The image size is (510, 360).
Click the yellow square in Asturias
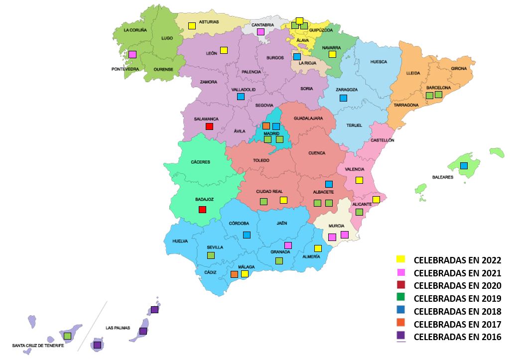coord(192,25)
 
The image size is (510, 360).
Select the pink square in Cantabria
coord(260,32)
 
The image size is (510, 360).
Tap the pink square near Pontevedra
coord(132,54)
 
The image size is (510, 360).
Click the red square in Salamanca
coord(209,126)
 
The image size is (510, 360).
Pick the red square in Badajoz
coord(202,209)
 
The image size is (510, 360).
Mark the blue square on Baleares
coord(464,166)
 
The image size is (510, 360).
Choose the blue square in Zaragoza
coord(343,98)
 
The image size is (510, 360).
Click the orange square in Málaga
coord(235,274)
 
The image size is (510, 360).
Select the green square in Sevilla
coord(211,255)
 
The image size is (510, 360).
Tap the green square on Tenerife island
coord(67,336)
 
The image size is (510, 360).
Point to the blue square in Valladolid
coord(241,97)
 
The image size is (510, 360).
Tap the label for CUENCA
coord(317,153)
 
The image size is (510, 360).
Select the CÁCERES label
coord(200,162)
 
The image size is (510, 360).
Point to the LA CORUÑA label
coord(135,30)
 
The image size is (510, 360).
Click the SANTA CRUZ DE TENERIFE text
coord(38,345)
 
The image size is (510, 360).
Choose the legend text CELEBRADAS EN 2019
coord(457,299)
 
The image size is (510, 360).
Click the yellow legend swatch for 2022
coord(400,259)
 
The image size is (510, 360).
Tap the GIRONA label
coord(459,69)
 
